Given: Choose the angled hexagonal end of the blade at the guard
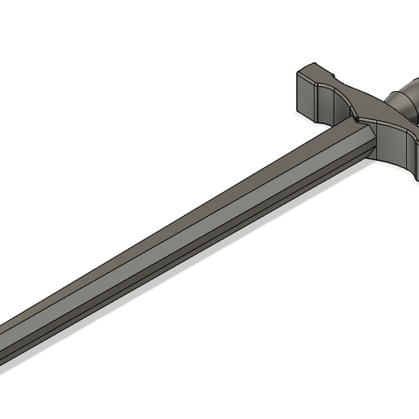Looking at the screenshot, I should [365, 138].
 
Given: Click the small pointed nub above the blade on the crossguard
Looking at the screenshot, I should [356, 119].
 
